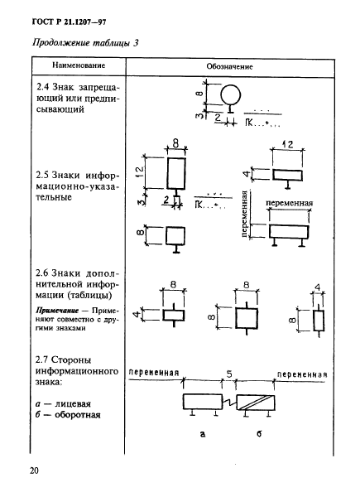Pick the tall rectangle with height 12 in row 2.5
coord(176,176)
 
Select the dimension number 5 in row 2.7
coord(228,374)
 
